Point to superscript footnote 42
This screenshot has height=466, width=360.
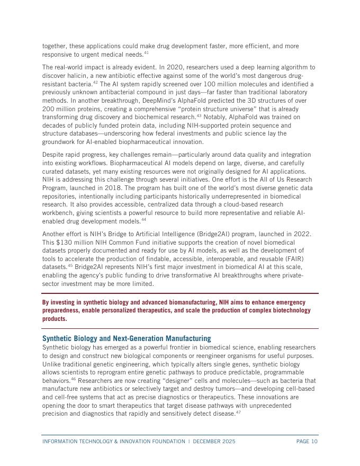pos(96,83)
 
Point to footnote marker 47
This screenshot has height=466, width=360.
pos(239,413)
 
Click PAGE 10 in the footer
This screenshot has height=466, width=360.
pos(307,442)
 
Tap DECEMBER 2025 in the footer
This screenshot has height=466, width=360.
pos(214,442)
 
